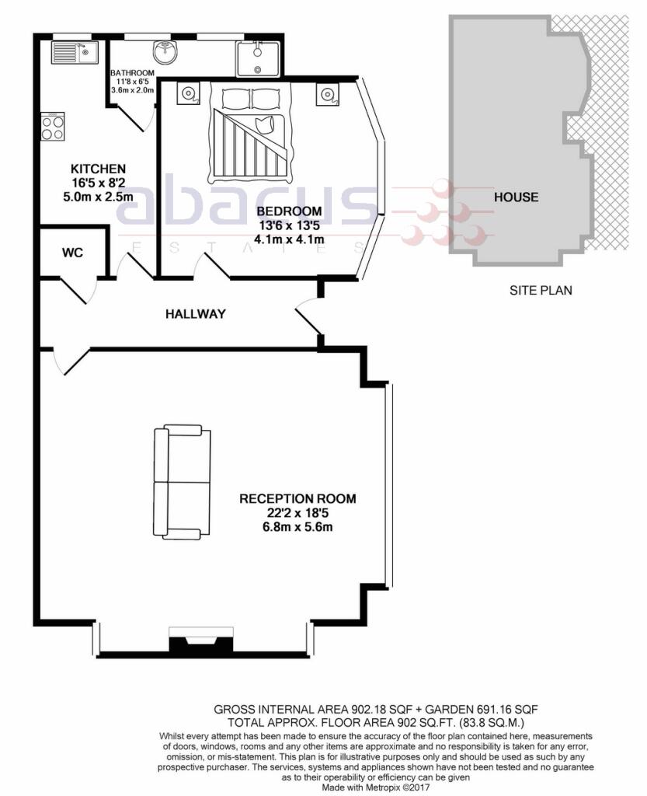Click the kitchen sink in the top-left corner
[75, 52]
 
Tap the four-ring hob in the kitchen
[53, 127]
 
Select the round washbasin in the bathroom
[165, 52]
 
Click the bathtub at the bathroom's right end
[258, 59]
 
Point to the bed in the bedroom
[250, 134]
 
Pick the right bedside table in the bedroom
[327, 94]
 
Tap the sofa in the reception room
[182, 482]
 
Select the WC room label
[72, 253]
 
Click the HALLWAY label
[195, 314]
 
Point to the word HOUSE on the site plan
[517, 197]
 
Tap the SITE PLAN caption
[541, 291]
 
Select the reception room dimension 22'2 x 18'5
[297, 513]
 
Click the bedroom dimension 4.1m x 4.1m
[290, 239]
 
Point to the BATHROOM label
[132, 73]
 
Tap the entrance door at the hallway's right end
[308, 317]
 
